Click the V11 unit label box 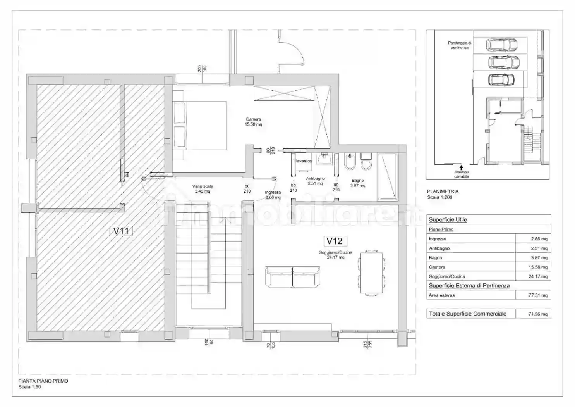(121, 231)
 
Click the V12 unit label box (334, 241)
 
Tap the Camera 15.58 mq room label (253, 122)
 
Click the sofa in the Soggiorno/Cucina (292, 277)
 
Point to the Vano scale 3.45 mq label (203, 189)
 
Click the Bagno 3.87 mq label (357, 183)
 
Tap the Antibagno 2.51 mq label (315, 181)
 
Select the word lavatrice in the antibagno (304, 161)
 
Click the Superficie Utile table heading (448, 220)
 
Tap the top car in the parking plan (501, 45)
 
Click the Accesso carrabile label (461, 174)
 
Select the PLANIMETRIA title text (443, 191)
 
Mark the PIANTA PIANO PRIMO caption (43, 381)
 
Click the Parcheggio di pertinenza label (459, 45)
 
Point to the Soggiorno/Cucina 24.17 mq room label (335, 255)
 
